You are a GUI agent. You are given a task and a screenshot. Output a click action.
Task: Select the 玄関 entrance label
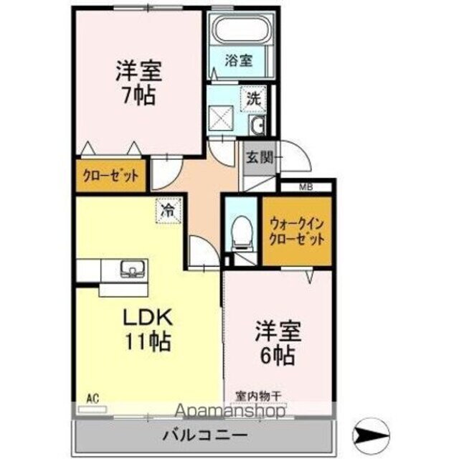point(260,158)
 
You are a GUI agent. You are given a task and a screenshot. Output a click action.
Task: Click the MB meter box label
point(305,187)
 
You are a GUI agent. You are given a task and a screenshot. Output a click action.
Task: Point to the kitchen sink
point(132,270)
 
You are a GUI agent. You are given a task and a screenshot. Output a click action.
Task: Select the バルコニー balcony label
point(204,433)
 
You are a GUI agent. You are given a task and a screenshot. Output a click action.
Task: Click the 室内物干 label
point(260,395)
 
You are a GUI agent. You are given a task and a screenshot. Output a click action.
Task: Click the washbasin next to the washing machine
point(258,126)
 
